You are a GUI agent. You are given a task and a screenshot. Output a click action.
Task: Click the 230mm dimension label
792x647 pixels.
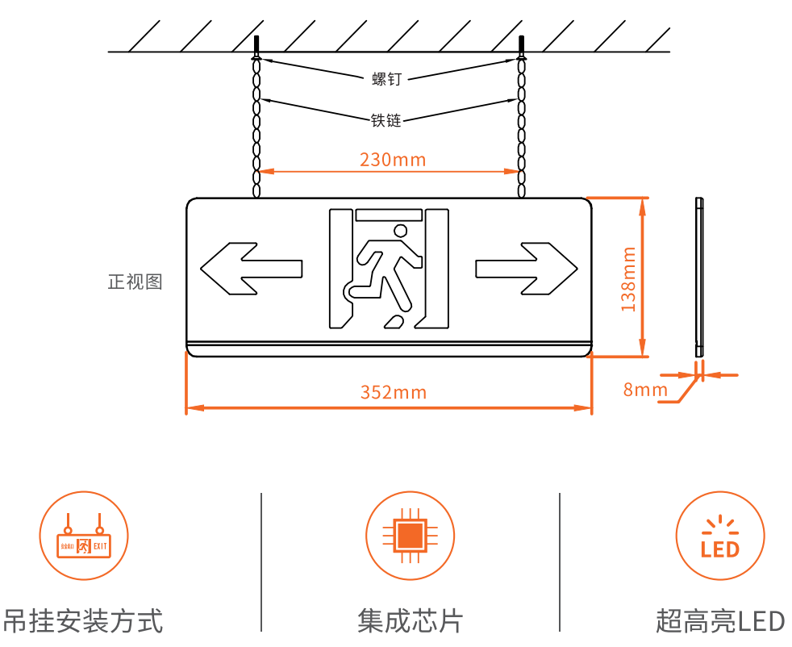[393, 159]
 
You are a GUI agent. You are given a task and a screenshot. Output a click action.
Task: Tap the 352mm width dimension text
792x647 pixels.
[393, 393]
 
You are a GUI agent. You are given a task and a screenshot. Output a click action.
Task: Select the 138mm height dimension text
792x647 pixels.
[628, 278]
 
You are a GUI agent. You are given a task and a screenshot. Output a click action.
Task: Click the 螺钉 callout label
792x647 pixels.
[386, 78]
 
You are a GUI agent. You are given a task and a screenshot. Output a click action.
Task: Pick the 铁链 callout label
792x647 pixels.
[386, 120]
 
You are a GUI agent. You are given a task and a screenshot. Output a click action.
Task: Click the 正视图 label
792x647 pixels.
[135, 282]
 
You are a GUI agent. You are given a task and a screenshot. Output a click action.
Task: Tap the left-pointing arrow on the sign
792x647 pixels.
[251, 267]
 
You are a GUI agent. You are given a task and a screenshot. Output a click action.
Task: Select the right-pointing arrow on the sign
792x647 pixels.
[527, 267]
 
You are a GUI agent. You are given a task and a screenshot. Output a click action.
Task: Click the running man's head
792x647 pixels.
[400, 232]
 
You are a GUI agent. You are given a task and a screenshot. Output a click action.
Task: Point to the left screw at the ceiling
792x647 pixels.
[256, 46]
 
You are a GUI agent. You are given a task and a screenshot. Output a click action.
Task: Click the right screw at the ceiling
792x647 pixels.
[522, 46]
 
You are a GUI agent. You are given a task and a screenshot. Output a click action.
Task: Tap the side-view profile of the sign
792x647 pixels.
[699, 277]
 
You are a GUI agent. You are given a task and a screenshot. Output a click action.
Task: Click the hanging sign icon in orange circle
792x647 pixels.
[84, 536]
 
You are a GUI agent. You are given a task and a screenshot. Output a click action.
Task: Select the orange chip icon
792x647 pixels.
[410, 536]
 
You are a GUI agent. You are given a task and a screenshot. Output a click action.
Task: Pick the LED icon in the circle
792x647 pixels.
[719, 537]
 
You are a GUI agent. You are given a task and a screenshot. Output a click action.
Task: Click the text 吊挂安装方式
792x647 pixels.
[83, 621]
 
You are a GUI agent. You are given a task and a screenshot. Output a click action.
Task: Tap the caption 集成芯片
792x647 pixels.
[410, 621]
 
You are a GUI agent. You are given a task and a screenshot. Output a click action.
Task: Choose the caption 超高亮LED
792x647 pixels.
[719, 621]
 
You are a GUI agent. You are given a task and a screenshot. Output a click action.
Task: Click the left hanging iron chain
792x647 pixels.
[256, 125]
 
